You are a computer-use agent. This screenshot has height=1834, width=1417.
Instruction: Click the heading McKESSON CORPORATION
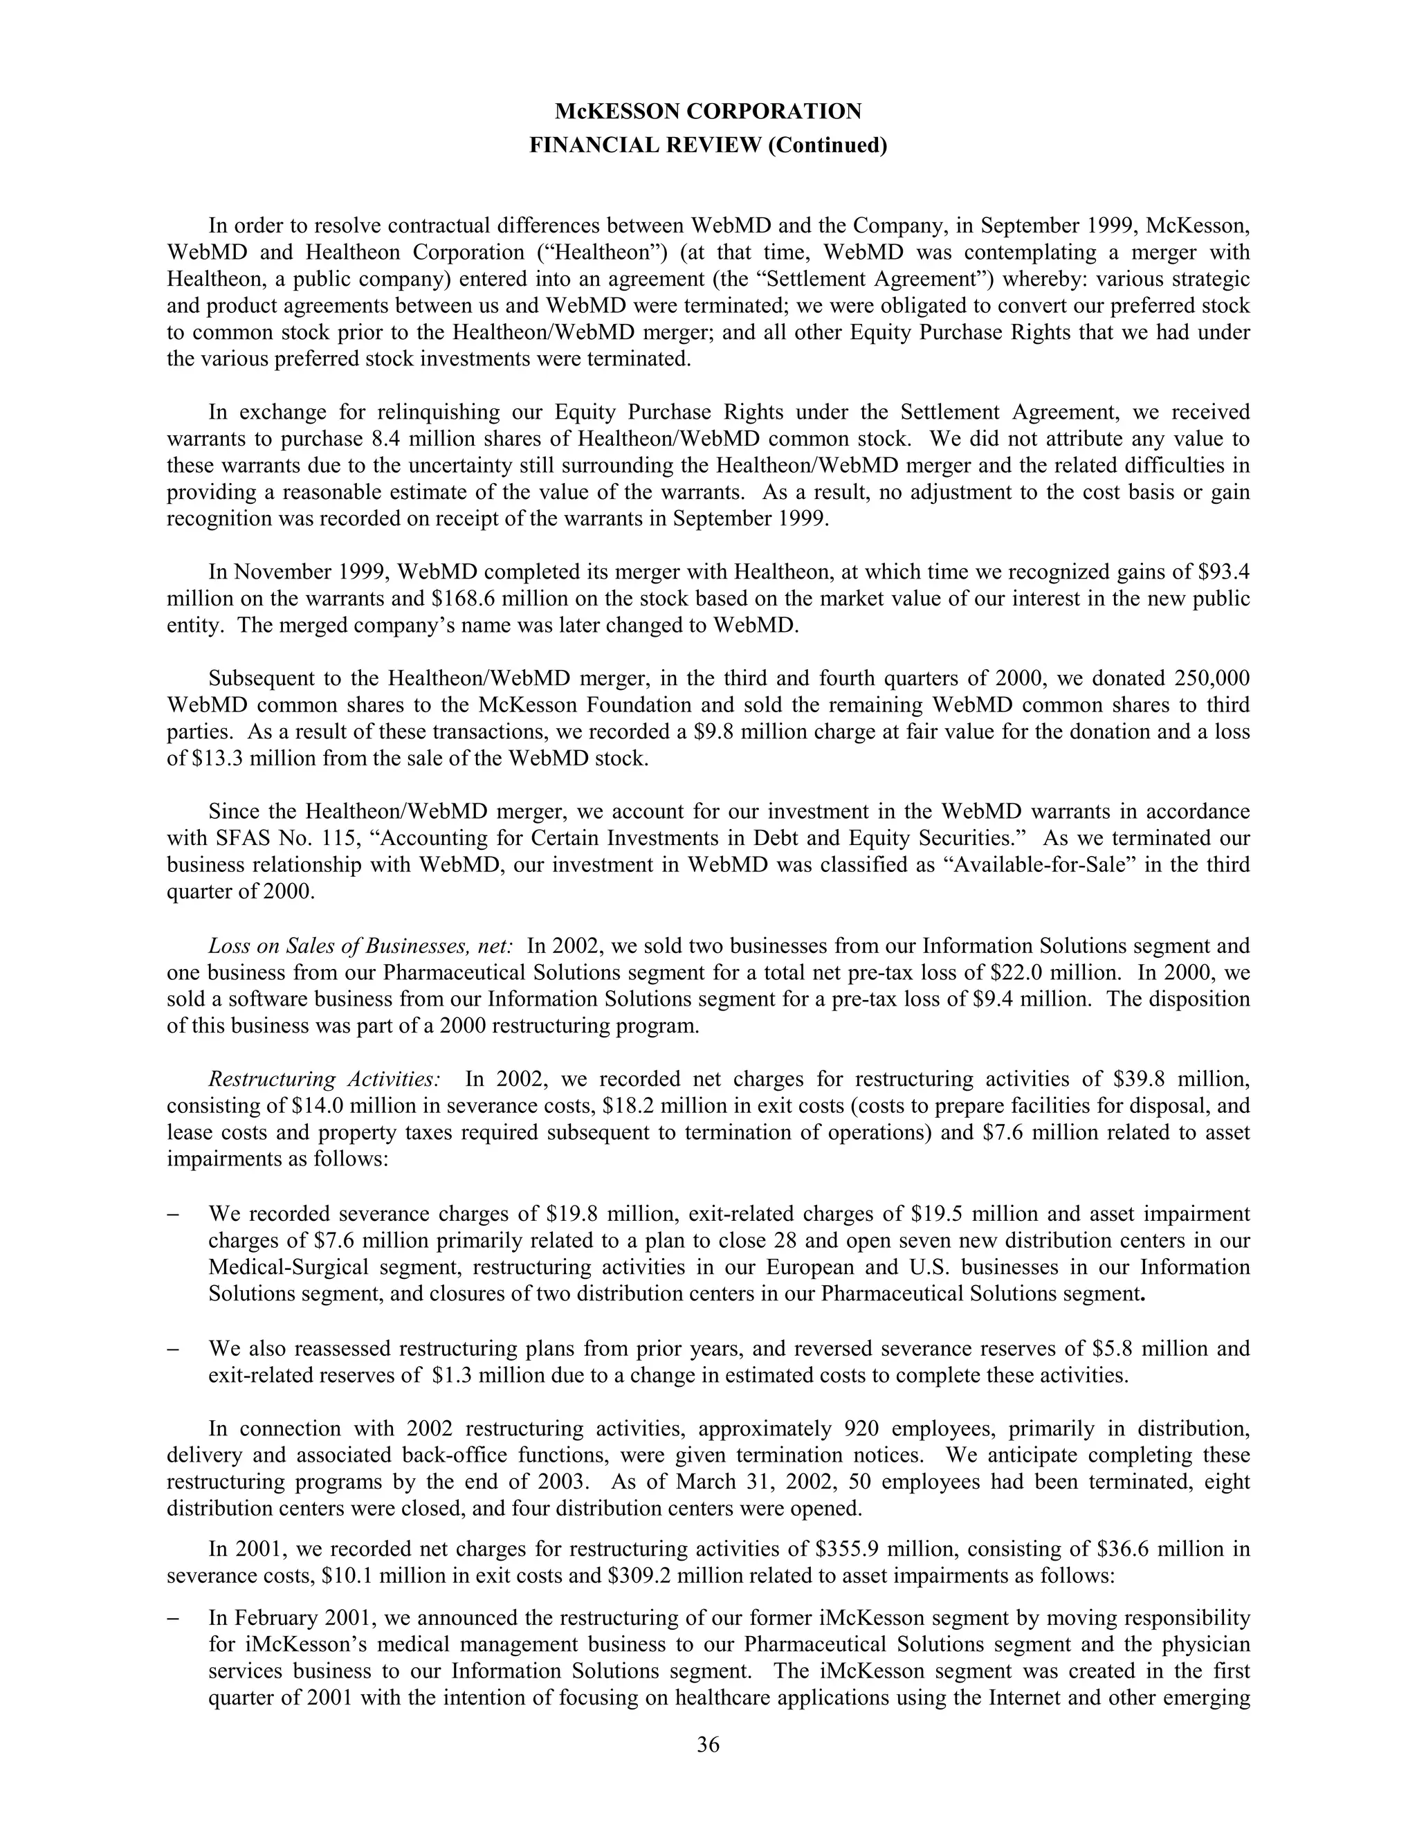point(708,111)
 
